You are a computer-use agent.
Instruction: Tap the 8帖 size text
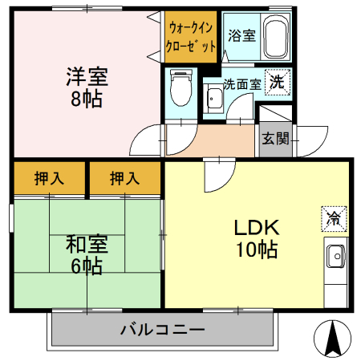pos(86,101)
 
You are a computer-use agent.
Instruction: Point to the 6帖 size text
pos(86,266)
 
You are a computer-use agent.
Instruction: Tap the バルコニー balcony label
pos(163,330)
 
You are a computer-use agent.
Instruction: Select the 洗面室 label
pos(241,83)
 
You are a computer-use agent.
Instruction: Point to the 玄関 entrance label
pos(275,138)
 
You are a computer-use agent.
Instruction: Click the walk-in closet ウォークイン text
pos(192,27)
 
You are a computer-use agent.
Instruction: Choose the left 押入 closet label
pos(48,178)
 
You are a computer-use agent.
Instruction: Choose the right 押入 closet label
pos(124,178)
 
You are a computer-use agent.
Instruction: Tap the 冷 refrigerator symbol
pos(333,217)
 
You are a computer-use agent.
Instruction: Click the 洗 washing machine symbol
pos(276,81)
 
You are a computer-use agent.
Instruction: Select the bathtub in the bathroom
pos(274,36)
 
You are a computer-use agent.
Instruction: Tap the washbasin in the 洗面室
pos(214,100)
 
